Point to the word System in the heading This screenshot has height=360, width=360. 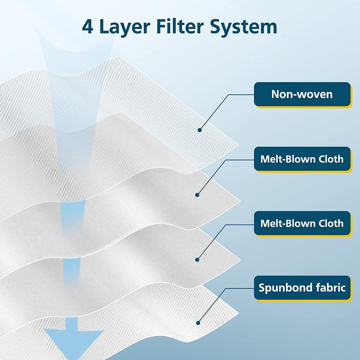click(x=244, y=27)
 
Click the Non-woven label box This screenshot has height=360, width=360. click(x=302, y=94)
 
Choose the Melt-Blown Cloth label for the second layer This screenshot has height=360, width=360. click(x=302, y=159)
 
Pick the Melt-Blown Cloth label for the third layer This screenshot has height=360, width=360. click(x=302, y=223)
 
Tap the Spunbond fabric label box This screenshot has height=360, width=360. click(x=302, y=288)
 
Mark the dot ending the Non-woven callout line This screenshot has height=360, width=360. click(x=200, y=130)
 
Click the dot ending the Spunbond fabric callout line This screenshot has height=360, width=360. click(x=198, y=323)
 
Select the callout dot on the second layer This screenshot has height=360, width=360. click(x=197, y=195)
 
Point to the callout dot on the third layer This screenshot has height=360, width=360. click(x=197, y=260)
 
